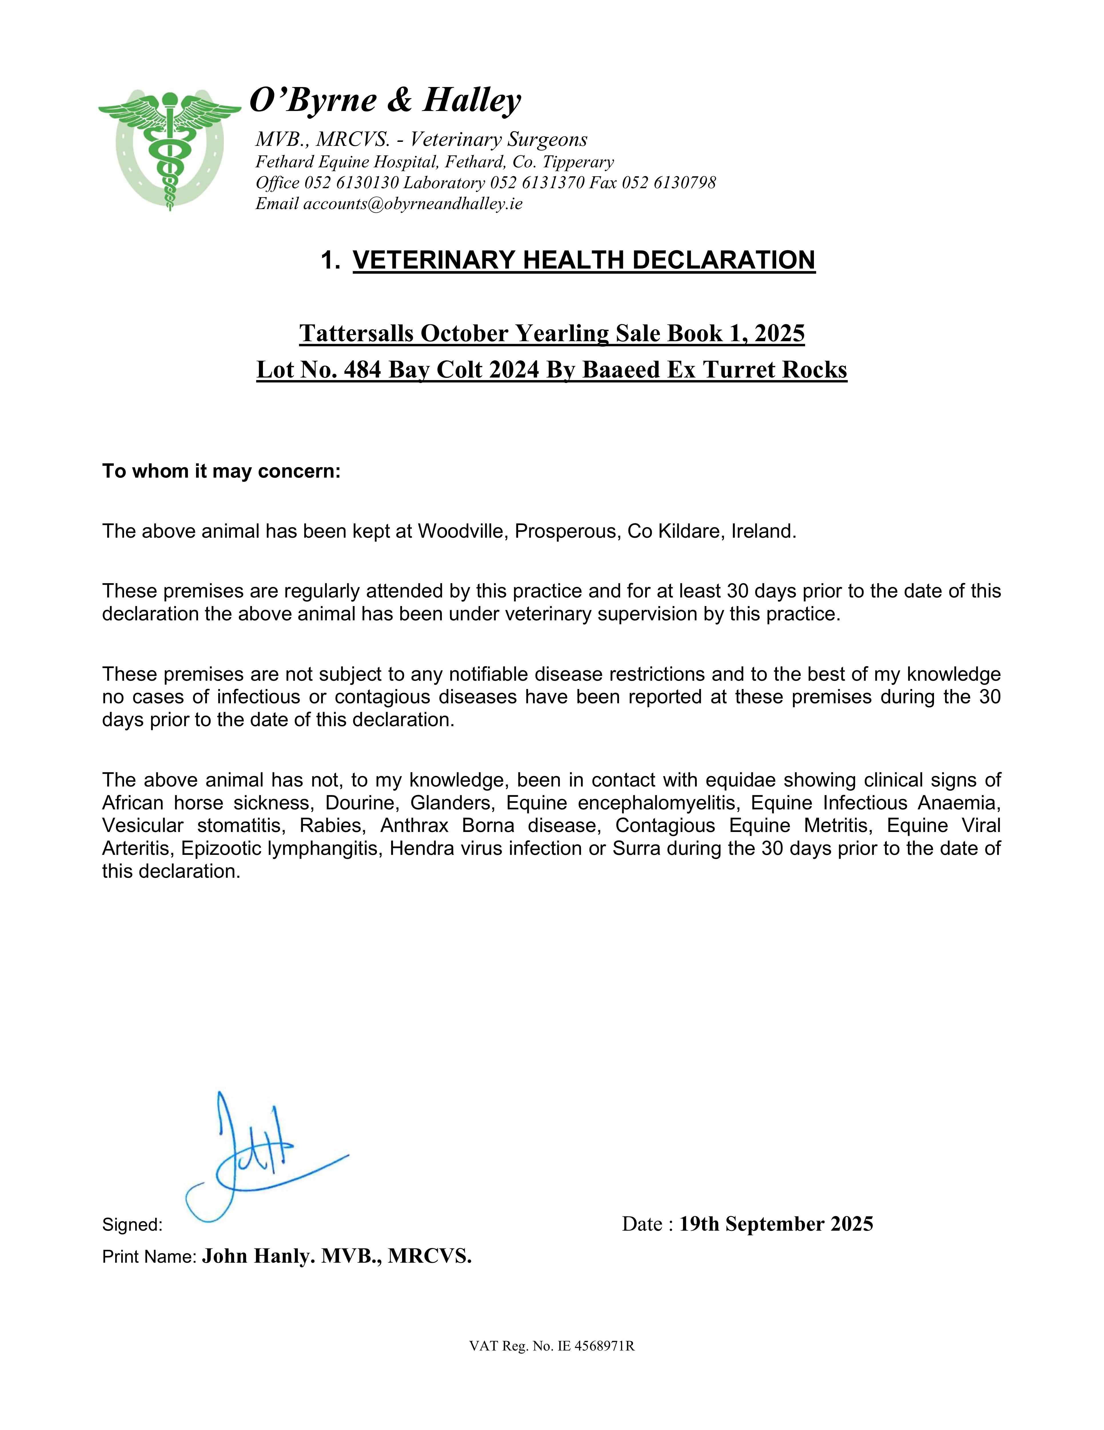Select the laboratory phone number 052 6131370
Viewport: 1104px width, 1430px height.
[x=537, y=183]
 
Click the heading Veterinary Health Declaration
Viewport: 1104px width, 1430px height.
[x=584, y=260]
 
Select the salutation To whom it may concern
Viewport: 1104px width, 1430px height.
[x=221, y=471]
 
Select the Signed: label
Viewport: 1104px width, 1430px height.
[x=132, y=1224]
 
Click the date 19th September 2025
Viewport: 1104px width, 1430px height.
[x=776, y=1224]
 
